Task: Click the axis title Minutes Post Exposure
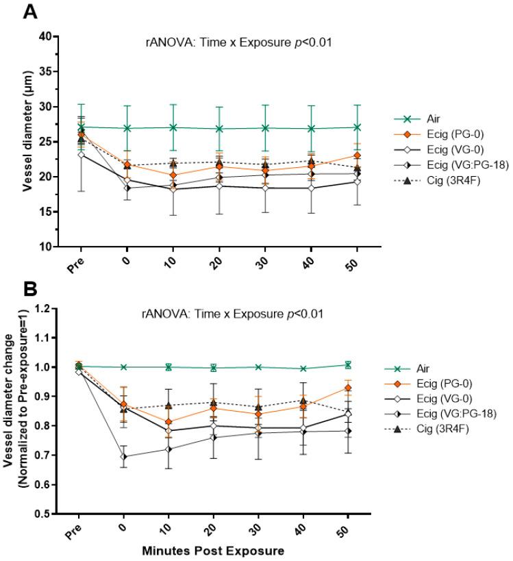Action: pyautogui.click(x=214, y=550)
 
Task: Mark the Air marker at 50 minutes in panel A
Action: pyautogui.click(x=347, y=127)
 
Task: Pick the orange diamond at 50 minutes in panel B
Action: pyautogui.click(x=347, y=388)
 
